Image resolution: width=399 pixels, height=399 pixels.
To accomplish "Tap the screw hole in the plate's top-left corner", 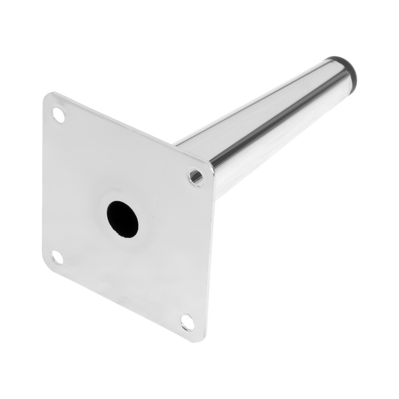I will tap(59, 115).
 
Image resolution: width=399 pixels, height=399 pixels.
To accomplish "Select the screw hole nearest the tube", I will tap(196, 177).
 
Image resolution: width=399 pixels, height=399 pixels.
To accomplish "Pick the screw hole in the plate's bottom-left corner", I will tap(57, 257).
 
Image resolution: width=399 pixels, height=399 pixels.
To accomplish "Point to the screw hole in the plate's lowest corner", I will tap(187, 322).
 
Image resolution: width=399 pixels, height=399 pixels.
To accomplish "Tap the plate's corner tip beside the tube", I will tap(212, 166).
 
